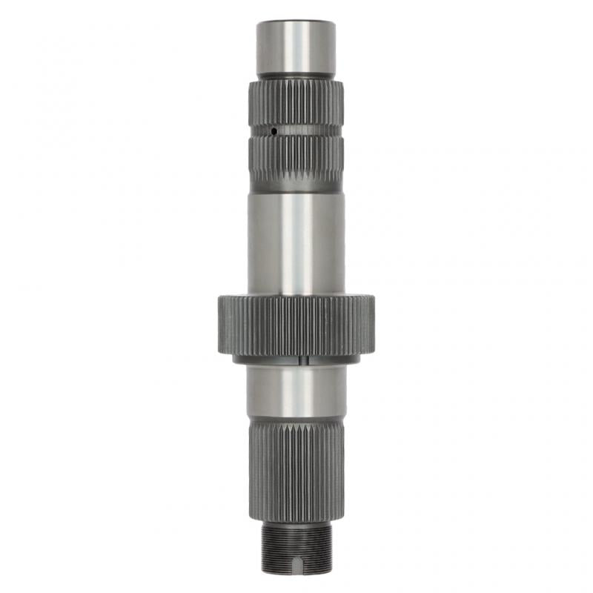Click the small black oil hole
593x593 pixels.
click(x=274, y=131)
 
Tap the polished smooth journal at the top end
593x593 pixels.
click(x=296, y=48)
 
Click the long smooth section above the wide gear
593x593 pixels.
click(x=296, y=245)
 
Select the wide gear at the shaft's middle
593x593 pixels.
click(x=296, y=326)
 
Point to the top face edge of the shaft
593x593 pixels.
click(x=296, y=22)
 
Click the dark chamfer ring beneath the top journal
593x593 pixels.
click(x=296, y=76)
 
